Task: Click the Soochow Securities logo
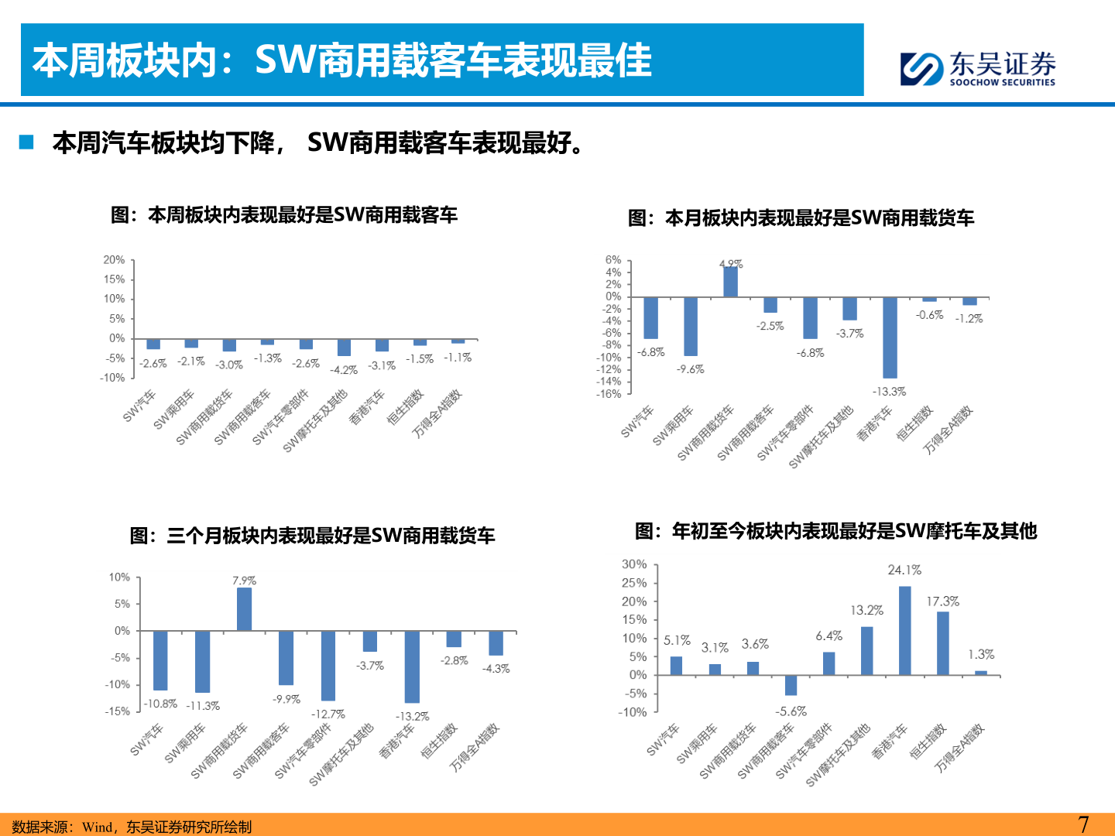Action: [x=977, y=68]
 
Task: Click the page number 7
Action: [x=1083, y=824]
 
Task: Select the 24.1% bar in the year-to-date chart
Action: [x=904, y=630]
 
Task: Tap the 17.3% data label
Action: [x=942, y=601]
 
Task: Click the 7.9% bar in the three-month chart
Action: [x=244, y=609]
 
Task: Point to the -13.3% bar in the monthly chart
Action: [x=890, y=337]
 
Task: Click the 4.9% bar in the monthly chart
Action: [x=730, y=281]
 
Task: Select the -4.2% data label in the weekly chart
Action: [x=344, y=370]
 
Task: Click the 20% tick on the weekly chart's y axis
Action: [x=114, y=260]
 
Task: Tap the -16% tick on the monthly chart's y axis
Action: [x=609, y=394]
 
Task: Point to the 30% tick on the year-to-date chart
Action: [x=634, y=564]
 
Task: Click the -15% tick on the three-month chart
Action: [x=118, y=711]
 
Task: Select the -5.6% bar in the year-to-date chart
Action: [x=791, y=685]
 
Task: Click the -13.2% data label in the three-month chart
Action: [x=412, y=716]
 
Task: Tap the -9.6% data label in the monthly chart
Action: [x=690, y=369]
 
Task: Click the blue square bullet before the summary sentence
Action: [x=27, y=142]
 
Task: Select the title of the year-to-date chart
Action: [x=835, y=531]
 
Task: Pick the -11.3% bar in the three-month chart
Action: [x=202, y=662]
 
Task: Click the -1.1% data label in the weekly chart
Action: [x=458, y=358]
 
